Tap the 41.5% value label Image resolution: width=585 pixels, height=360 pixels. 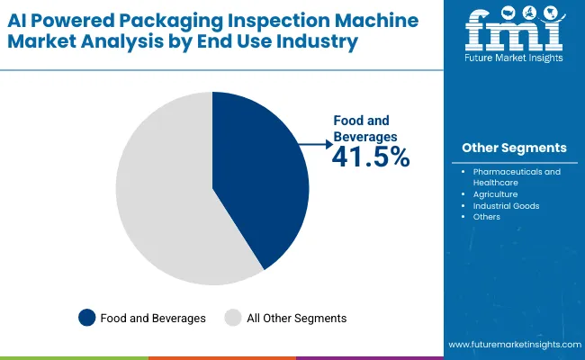[x=371, y=157]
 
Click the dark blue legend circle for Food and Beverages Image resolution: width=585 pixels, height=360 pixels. [x=86, y=317]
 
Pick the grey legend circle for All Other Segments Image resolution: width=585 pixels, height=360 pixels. [x=232, y=317]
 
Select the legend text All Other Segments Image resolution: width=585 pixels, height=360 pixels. [x=298, y=318]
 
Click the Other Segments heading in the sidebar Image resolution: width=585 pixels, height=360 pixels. [x=514, y=148]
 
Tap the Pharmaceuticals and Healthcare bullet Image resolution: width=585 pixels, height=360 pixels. [x=517, y=176]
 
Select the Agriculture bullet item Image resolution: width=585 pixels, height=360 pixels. [x=495, y=193]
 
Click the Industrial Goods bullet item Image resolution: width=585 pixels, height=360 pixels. [x=506, y=205]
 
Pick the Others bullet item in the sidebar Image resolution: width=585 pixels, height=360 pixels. [x=486, y=217]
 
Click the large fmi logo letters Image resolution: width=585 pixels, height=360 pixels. [x=514, y=34]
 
